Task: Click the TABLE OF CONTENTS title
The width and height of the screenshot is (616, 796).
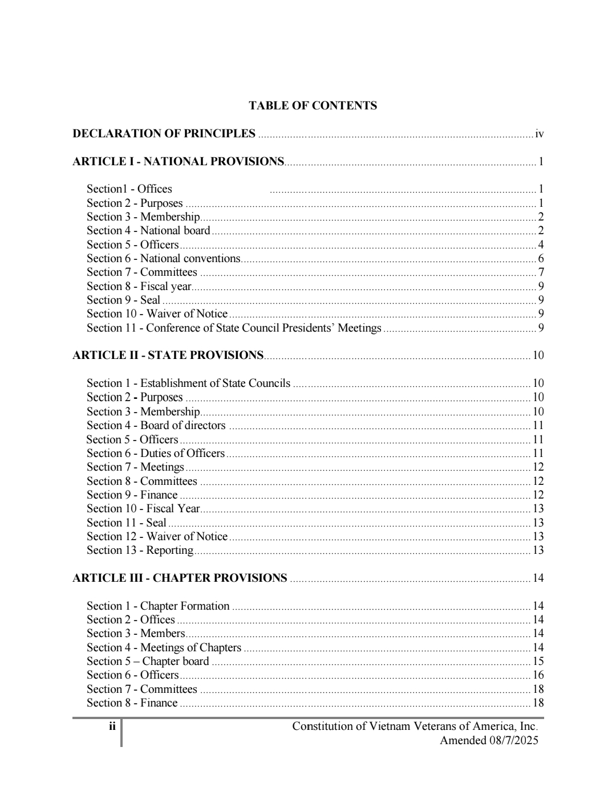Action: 313,105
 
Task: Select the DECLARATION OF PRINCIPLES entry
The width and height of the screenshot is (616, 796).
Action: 164,134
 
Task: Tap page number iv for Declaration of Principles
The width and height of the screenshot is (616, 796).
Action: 539,134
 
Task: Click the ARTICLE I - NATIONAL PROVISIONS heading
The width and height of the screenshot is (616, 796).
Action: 178,162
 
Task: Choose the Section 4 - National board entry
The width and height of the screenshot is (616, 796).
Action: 148,231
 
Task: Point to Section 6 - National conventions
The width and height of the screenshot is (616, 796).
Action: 164,259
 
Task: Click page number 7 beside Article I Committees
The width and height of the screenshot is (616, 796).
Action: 541,272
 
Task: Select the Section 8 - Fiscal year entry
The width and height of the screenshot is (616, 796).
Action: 139,287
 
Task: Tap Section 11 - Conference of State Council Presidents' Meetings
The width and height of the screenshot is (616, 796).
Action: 234,328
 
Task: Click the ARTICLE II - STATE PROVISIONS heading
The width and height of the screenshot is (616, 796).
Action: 168,356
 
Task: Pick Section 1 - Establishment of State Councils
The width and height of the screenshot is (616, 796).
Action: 188,383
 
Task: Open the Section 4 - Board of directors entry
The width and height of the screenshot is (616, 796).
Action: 156,426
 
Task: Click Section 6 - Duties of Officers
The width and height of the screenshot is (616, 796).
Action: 155,454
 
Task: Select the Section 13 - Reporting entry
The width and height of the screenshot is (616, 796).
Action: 140,550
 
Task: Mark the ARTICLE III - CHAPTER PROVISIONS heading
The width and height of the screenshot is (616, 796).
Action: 180,578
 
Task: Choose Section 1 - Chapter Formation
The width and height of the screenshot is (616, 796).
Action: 158,606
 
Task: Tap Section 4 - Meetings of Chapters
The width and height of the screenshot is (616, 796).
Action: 164,648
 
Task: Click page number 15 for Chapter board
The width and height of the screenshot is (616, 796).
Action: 538,662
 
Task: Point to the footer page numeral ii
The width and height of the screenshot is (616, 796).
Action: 112,726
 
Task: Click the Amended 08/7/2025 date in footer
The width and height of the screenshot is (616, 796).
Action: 488,741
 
